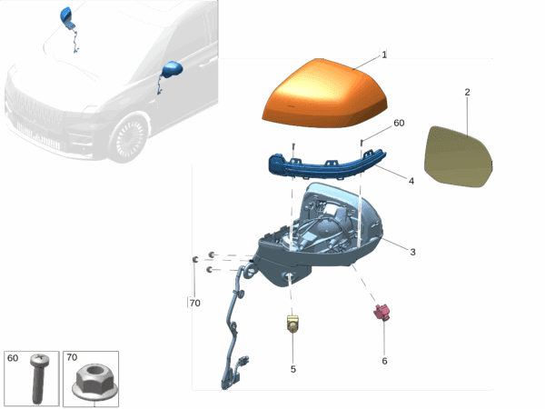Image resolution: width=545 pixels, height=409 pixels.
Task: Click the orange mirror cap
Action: (325, 94)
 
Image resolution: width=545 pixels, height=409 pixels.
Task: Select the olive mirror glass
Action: (458, 157)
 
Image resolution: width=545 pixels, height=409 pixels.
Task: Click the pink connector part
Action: (382, 312)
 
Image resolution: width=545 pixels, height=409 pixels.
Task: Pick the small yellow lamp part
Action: (292, 324)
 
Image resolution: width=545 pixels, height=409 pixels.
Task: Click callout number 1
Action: (384, 55)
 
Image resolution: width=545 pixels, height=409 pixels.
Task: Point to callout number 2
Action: (467, 92)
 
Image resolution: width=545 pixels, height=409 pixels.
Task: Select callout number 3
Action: (412, 252)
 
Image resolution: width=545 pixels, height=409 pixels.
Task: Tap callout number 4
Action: (411, 181)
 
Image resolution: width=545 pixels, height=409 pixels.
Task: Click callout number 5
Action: (293, 369)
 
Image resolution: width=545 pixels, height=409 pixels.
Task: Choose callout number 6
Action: (384, 361)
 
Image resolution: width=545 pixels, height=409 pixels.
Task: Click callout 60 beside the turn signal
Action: (399, 123)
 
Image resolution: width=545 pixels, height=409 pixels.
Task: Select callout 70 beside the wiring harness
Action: (194, 304)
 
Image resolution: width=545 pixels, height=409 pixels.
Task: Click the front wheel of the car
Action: (129, 138)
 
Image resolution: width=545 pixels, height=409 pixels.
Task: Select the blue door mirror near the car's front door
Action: (172, 70)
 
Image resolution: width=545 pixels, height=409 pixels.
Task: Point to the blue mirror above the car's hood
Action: (66, 15)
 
